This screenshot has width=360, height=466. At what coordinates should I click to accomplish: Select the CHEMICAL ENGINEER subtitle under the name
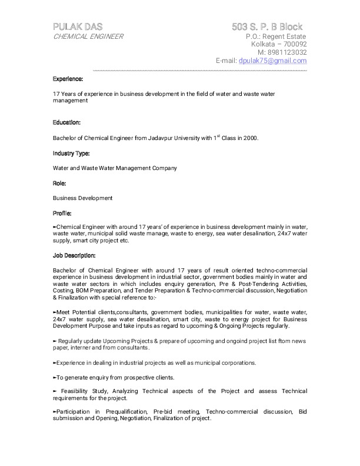pyautogui.click(x=88, y=36)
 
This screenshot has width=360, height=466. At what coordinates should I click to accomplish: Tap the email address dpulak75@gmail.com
pyautogui.click(x=272, y=61)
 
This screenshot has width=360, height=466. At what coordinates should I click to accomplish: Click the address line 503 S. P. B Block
pyautogui.click(x=267, y=26)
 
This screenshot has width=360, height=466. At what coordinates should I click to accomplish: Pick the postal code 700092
pyautogui.click(x=293, y=44)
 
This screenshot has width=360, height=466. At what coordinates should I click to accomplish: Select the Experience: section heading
pyautogui.click(x=68, y=78)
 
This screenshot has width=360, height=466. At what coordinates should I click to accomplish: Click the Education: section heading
pyautogui.click(x=66, y=122)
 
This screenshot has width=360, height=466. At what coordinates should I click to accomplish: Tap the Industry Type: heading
pyautogui.click(x=71, y=153)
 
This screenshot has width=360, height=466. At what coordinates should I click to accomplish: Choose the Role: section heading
pyautogui.click(x=59, y=183)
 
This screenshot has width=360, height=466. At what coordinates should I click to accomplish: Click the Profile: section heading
pyautogui.click(x=62, y=213)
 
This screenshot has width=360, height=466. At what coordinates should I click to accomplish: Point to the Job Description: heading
pyautogui.click(x=74, y=255)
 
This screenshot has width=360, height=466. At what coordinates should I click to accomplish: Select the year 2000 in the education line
pyautogui.click(x=249, y=138)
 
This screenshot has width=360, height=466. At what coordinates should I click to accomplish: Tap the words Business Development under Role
pyautogui.click(x=82, y=198)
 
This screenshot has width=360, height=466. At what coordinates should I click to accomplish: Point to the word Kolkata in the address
pyautogui.click(x=265, y=44)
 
